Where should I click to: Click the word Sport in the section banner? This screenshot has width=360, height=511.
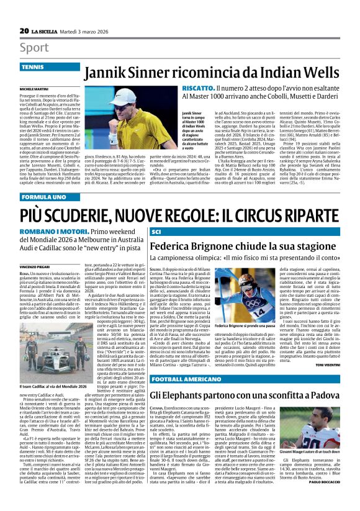pyautogui.click(x=34, y=47)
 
